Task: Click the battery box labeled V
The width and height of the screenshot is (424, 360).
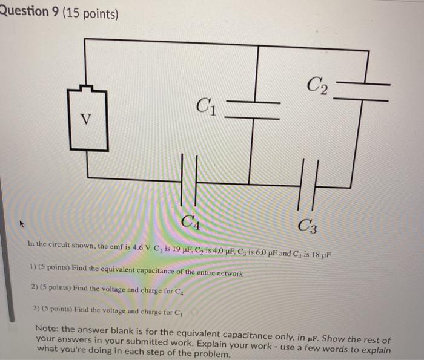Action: point(88,120)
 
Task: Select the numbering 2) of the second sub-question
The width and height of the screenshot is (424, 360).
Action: point(34,288)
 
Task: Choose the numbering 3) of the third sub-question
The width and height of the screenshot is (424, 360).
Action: point(35,307)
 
